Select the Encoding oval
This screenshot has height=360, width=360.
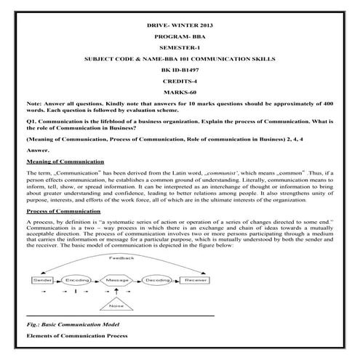[79, 279]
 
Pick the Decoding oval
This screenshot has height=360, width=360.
[158, 279]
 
